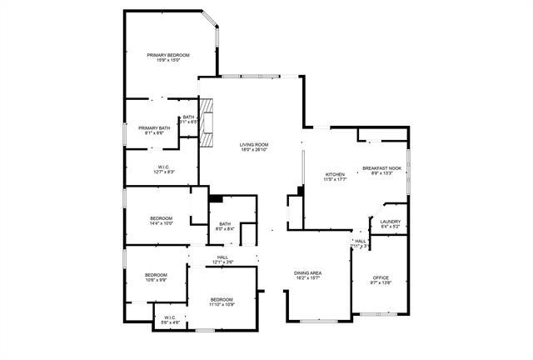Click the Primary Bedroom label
(x=168, y=55)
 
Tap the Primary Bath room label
(x=153, y=127)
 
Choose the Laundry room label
(x=391, y=221)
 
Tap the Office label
(x=381, y=277)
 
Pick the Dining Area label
(x=308, y=273)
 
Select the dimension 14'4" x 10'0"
(x=162, y=223)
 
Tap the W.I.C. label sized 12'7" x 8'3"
(x=163, y=172)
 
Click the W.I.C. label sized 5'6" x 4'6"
(x=169, y=322)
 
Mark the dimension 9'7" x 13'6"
(x=381, y=283)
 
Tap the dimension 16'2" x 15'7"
(x=308, y=279)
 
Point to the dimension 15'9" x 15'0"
(x=168, y=61)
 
